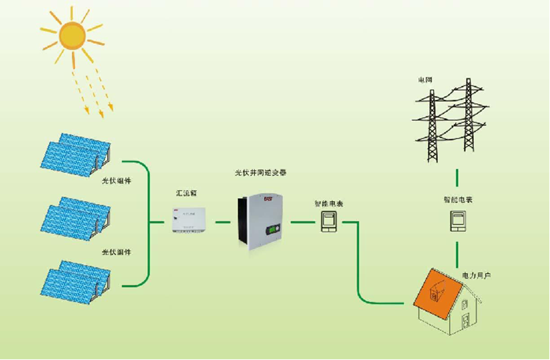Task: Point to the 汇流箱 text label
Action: [x=186, y=193]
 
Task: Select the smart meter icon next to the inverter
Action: [x=329, y=221]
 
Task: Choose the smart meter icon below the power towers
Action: [x=458, y=221]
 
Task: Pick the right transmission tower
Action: [x=470, y=120]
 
